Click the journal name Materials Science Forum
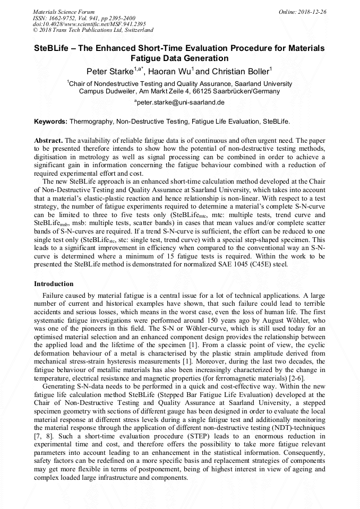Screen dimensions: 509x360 (64, 12)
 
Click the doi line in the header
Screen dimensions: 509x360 (89, 24)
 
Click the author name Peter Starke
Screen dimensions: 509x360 (110, 71)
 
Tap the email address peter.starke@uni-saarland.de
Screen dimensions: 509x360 (181, 102)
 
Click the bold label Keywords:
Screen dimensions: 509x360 (50, 122)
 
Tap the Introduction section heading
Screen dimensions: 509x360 (54, 284)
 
